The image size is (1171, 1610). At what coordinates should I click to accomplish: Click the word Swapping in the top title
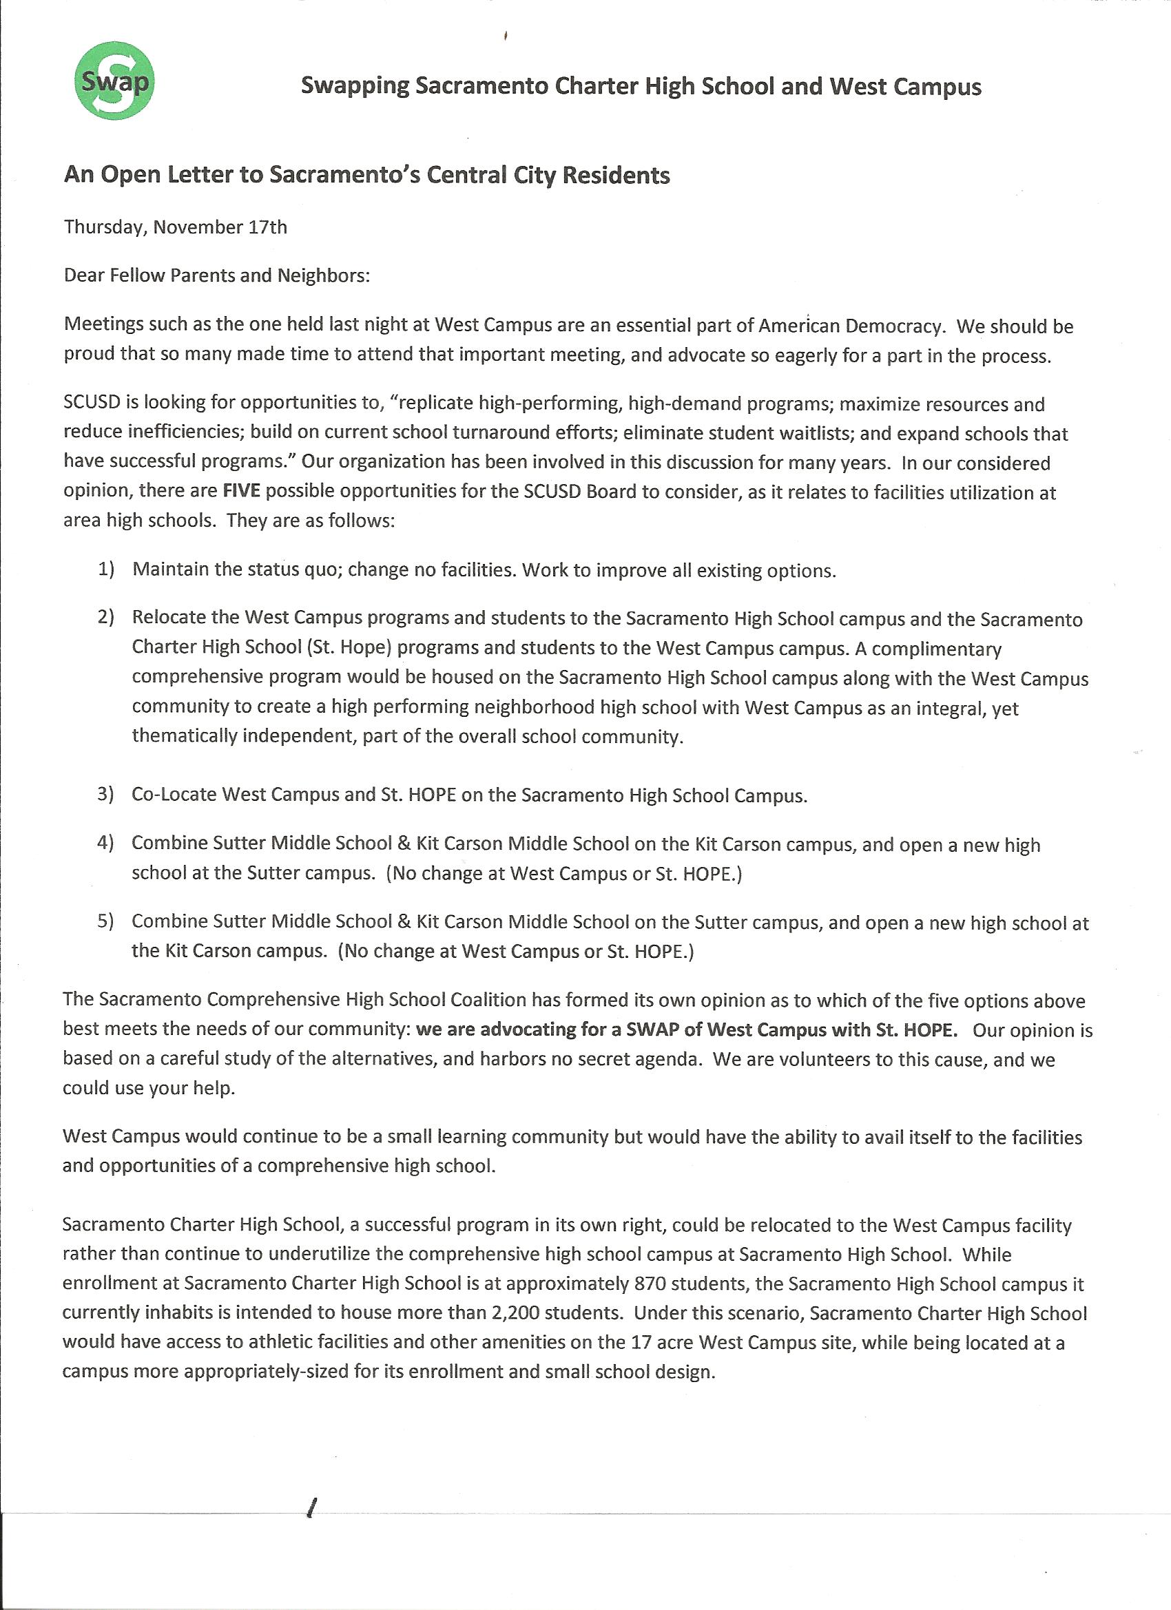(x=354, y=87)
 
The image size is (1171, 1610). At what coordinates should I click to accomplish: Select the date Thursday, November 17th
(x=176, y=227)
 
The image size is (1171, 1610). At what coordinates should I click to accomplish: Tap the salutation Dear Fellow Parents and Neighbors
(x=216, y=275)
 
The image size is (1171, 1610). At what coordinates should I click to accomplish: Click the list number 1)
(x=107, y=569)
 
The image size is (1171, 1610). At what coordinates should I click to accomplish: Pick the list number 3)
(x=106, y=794)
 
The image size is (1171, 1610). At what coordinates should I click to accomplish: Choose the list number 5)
(x=106, y=921)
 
